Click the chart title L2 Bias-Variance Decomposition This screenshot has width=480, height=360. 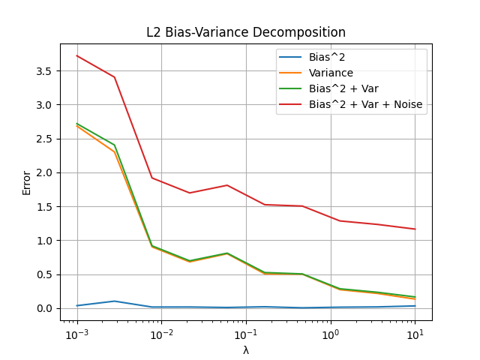(x=246, y=33)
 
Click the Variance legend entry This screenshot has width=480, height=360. (x=331, y=73)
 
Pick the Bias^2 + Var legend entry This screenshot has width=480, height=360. (x=343, y=88)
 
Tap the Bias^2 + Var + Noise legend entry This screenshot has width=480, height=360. (x=365, y=105)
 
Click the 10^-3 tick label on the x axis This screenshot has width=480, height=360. (x=76, y=334)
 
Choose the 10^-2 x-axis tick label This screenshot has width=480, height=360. (x=161, y=334)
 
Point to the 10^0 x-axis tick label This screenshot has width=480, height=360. (x=330, y=334)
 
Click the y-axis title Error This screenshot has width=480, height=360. (x=27, y=182)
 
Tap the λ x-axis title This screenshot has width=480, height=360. (x=246, y=350)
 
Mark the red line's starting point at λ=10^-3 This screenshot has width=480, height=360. (x=77, y=55)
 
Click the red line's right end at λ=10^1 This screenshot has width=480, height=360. (x=415, y=229)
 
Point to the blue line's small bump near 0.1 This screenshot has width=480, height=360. (x=114, y=301)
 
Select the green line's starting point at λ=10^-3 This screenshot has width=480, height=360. (x=77, y=124)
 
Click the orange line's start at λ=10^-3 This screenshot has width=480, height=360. (x=77, y=127)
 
